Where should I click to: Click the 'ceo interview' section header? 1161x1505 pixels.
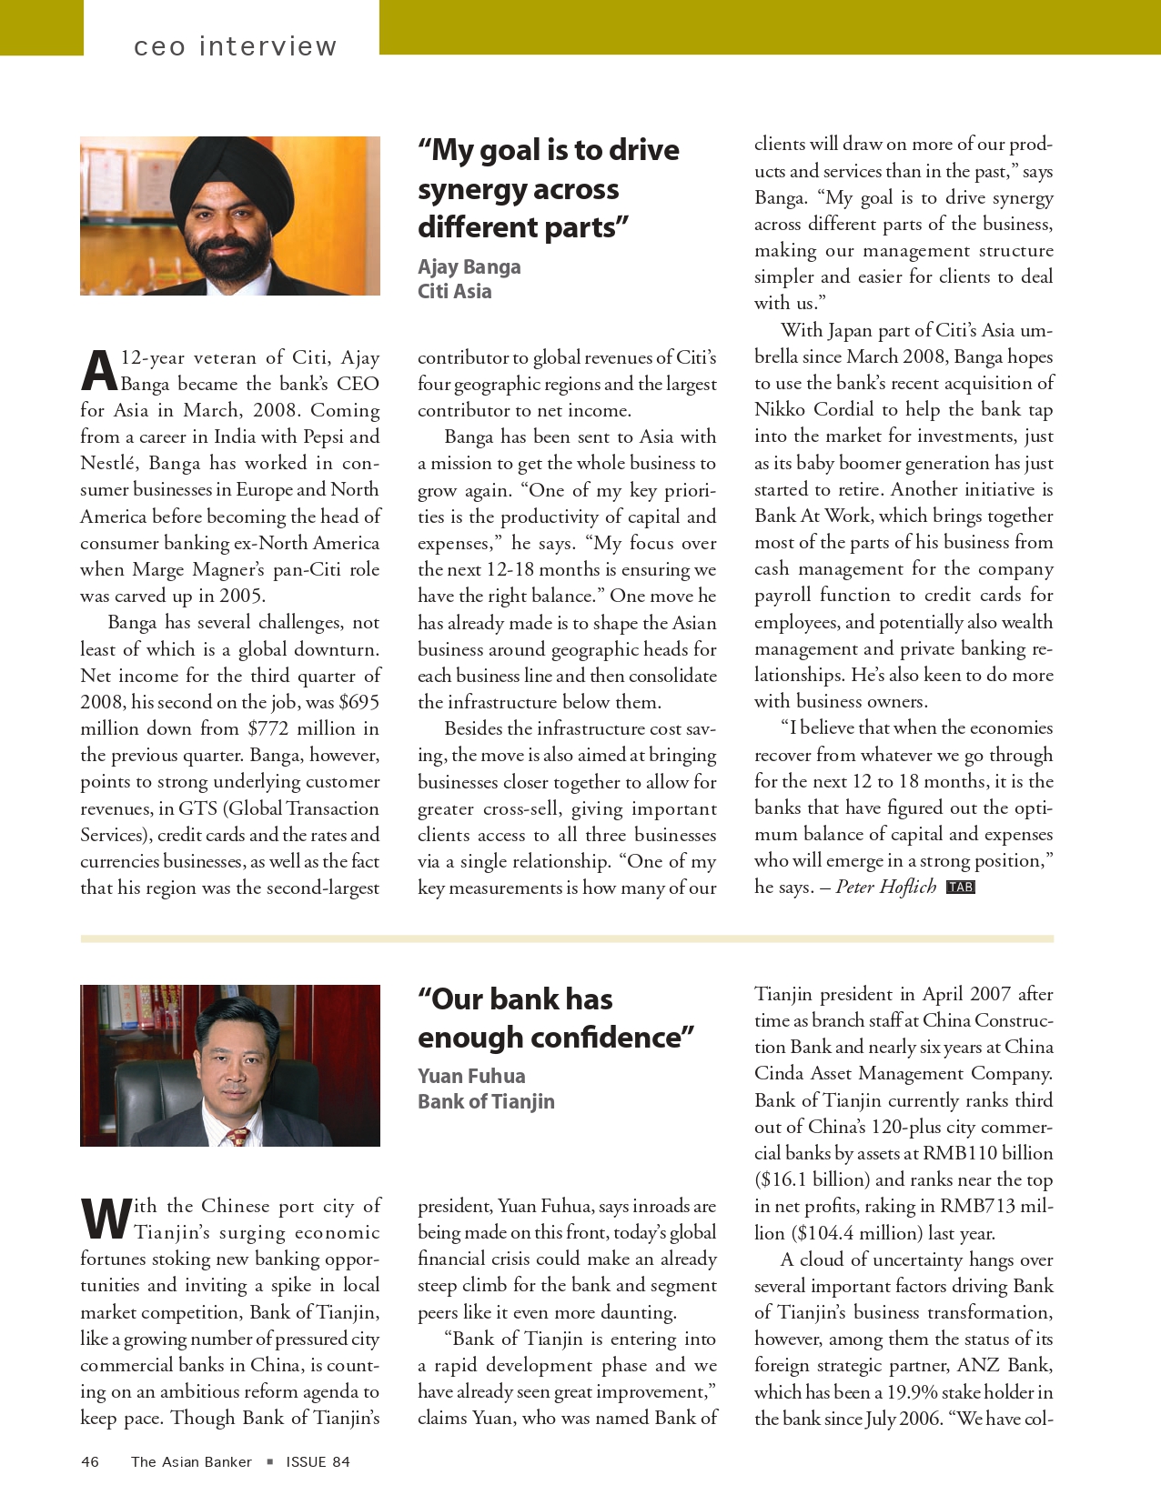coord(235,45)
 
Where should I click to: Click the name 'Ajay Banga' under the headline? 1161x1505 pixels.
coord(469,266)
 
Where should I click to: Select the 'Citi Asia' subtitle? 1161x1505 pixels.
coord(454,291)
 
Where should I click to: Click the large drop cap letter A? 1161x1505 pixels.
coord(98,371)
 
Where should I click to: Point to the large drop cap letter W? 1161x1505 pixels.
coord(106,1219)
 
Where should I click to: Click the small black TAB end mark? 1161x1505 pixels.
coord(960,888)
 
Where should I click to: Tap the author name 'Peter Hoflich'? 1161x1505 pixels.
coord(885,887)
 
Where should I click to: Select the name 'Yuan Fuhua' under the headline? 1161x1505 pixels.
coord(471,1076)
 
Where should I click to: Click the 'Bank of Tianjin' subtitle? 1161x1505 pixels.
coord(486,1101)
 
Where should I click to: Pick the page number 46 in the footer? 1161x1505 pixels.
coord(90,1461)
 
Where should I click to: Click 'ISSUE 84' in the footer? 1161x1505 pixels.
coord(318,1461)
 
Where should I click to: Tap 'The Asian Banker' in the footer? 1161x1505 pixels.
coord(191,1461)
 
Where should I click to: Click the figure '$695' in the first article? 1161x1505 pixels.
coord(358,702)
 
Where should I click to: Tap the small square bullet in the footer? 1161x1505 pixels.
coord(269,1461)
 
